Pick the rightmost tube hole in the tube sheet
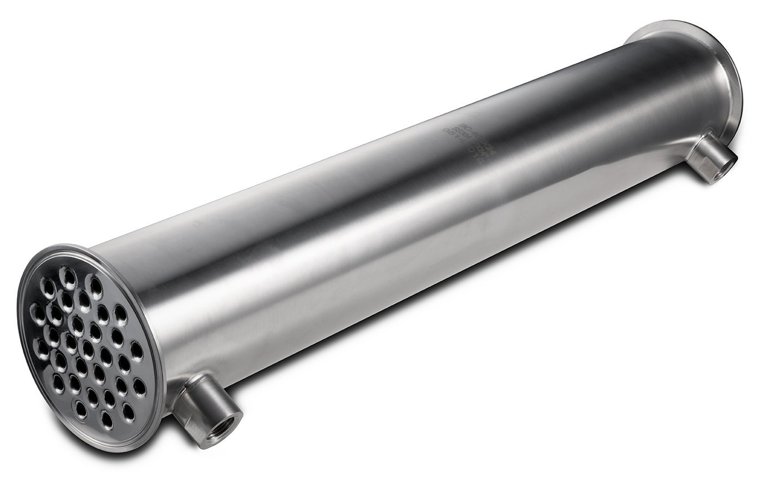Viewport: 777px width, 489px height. click(135, 349)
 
